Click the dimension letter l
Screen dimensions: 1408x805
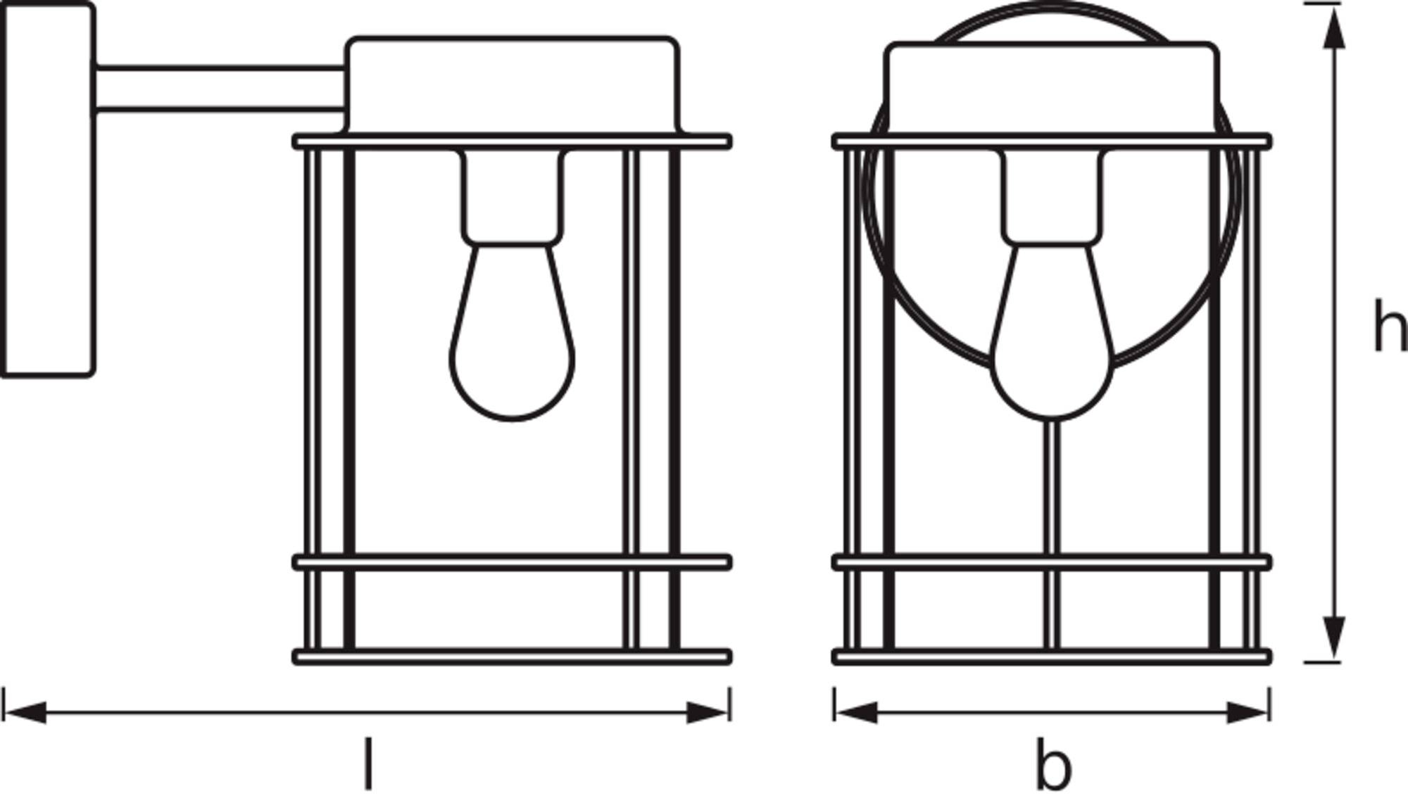tap(367, 763)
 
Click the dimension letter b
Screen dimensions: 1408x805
tap(1053, 763)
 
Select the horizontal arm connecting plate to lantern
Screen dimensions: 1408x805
tap(220, 89)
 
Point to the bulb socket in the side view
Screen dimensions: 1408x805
tap(513, 197)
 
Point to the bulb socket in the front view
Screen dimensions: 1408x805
tap(1052, 197)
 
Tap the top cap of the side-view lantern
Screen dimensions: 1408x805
tap(512, 85)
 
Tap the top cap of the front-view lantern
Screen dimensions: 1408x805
tap(1052, 89)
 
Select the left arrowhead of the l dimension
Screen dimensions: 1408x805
tap(25, 712)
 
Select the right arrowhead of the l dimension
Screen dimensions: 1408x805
tap(708, 712)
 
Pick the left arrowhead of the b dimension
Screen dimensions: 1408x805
tap(856, 712)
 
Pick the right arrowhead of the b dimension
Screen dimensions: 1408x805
tap(1247, 712)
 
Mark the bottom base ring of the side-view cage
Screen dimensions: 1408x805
tap(512, 657)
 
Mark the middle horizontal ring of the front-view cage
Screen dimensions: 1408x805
tap(1052, 562)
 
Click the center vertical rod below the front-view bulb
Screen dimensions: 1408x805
tap(1051, 534)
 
